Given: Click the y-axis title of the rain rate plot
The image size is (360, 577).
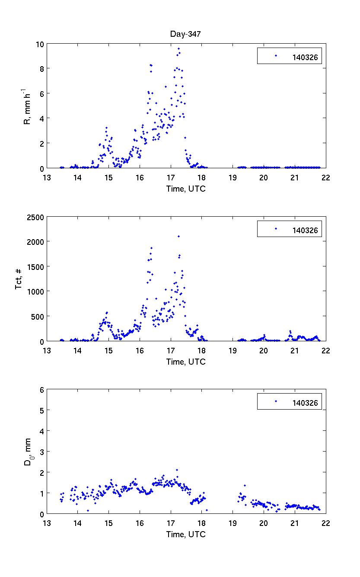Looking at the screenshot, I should point(27,106).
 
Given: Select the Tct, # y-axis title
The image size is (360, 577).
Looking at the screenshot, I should point(19,279).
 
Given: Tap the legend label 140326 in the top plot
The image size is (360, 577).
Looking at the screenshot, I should point(305,56).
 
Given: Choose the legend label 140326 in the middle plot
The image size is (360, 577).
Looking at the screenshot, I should point(305,230).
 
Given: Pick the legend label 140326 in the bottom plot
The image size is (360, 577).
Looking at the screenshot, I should point(305,403).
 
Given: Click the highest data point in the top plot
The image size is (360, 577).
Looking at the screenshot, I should point(178,49).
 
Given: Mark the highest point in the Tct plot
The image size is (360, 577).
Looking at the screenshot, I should point(178,236).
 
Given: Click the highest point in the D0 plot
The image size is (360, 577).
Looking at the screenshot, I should point(177,470).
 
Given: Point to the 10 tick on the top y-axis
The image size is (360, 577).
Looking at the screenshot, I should point(40,44).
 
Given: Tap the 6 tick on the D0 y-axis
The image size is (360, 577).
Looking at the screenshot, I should point(41,390).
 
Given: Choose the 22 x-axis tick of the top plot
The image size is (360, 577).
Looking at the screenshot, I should point(325,176).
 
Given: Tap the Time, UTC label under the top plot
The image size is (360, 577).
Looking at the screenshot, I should point(186,189).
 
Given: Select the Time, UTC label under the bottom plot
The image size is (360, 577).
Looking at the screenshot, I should point(186,535).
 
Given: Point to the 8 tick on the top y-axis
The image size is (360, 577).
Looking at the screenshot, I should point(41,69).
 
